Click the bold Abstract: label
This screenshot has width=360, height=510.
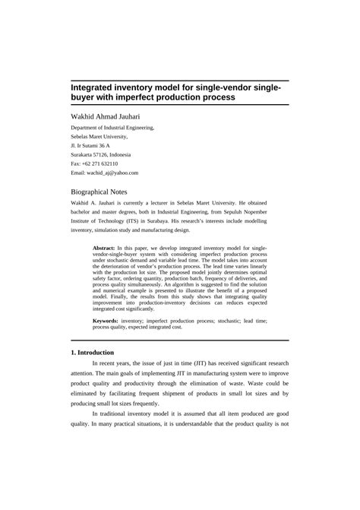pyautogui.click(x=103, y=248)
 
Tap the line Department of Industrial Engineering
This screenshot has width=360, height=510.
pyautogui.click(x=112, y=128)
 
